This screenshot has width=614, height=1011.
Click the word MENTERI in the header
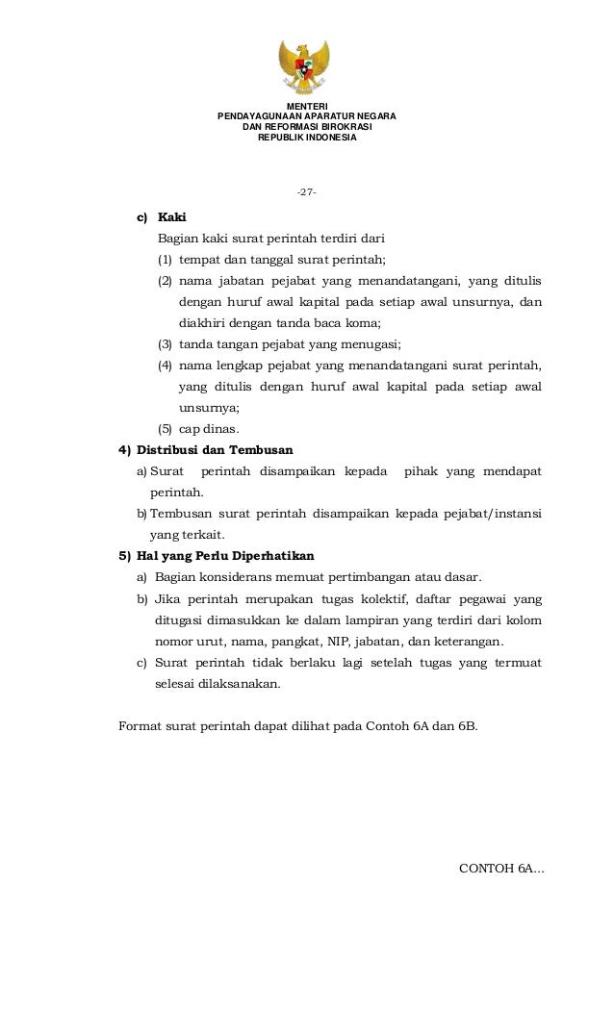click(x=307, y=106)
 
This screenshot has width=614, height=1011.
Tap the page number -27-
click(x=307, y=193)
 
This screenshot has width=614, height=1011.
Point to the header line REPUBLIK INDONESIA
click(x=307, y=138)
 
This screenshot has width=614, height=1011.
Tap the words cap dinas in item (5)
click(x=210, y=428)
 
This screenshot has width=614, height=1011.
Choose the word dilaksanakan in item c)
click(x=241, y=684)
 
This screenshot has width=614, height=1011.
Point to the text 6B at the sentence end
click(x=463, y=726)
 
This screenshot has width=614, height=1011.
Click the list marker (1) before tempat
click(x=166, y=260)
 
